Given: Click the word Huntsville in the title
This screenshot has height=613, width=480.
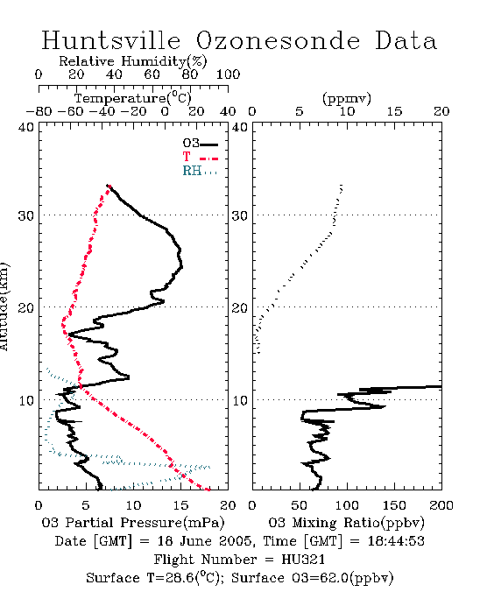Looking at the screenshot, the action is point(111,40).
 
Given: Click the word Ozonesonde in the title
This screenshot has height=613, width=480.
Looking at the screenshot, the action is point(278,40).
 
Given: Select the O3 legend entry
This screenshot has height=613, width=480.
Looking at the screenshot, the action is point(200,144).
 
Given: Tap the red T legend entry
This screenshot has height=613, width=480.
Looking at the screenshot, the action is point(200,157).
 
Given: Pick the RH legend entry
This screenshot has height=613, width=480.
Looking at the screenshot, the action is point(200,171).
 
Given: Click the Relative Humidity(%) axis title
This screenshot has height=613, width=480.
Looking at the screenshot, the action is point(133,61).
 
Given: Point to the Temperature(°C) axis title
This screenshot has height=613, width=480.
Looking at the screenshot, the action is point(133,98).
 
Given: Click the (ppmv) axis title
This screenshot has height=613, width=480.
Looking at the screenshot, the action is point(347,98).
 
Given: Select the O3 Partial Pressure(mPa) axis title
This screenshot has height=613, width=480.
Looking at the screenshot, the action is point(133,523).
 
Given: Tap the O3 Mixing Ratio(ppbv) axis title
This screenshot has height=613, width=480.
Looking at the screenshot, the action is point(346,523).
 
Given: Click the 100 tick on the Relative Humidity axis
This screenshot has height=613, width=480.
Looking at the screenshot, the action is point(228,74).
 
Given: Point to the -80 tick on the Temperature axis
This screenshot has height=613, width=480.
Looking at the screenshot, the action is point(39,112).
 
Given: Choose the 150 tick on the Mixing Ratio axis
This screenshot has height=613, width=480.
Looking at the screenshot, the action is point(394,505).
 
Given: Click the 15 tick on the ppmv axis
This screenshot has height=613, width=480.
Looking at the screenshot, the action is point(394,112).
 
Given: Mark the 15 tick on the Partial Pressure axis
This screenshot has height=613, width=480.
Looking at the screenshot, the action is point(180,505).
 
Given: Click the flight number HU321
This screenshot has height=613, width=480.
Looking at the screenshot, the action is point(303,560).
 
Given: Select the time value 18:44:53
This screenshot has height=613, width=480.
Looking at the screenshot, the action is point(396,541).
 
